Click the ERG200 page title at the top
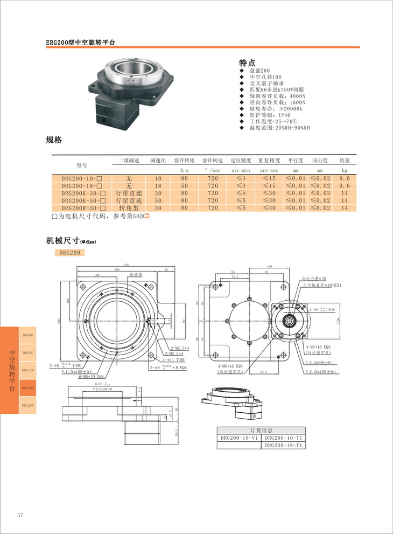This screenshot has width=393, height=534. pyautogui.click(x=81, y=42)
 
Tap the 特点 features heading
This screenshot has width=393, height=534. pyautogui.click(x=247, y=63)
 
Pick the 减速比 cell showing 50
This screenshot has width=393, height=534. pyautogui.click(x=158, y=200)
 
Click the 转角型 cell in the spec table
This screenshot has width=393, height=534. pyautogui.click(x=129, y=207)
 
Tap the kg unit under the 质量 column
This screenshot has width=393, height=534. pyautogui.click(x=345, y=170)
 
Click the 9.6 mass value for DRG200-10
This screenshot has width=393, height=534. pyautogui.click(x=345, y=178)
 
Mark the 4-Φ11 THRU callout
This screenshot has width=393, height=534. pyautogui.click(x=173, y=358)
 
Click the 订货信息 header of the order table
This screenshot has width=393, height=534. pyautogui.click(x=262, y=431)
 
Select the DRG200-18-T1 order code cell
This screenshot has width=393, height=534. pyautogui.click(x=284, y=445)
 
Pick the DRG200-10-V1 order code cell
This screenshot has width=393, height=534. pyautogui.click(x=239, y=438)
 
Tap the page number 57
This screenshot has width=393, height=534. pyautogui.click(x=20, y=515)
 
